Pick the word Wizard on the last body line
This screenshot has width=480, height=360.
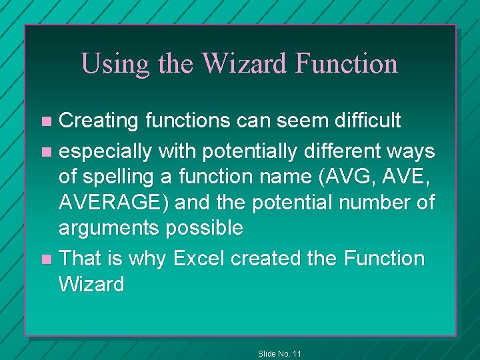91,285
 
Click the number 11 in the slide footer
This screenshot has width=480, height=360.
296,353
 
